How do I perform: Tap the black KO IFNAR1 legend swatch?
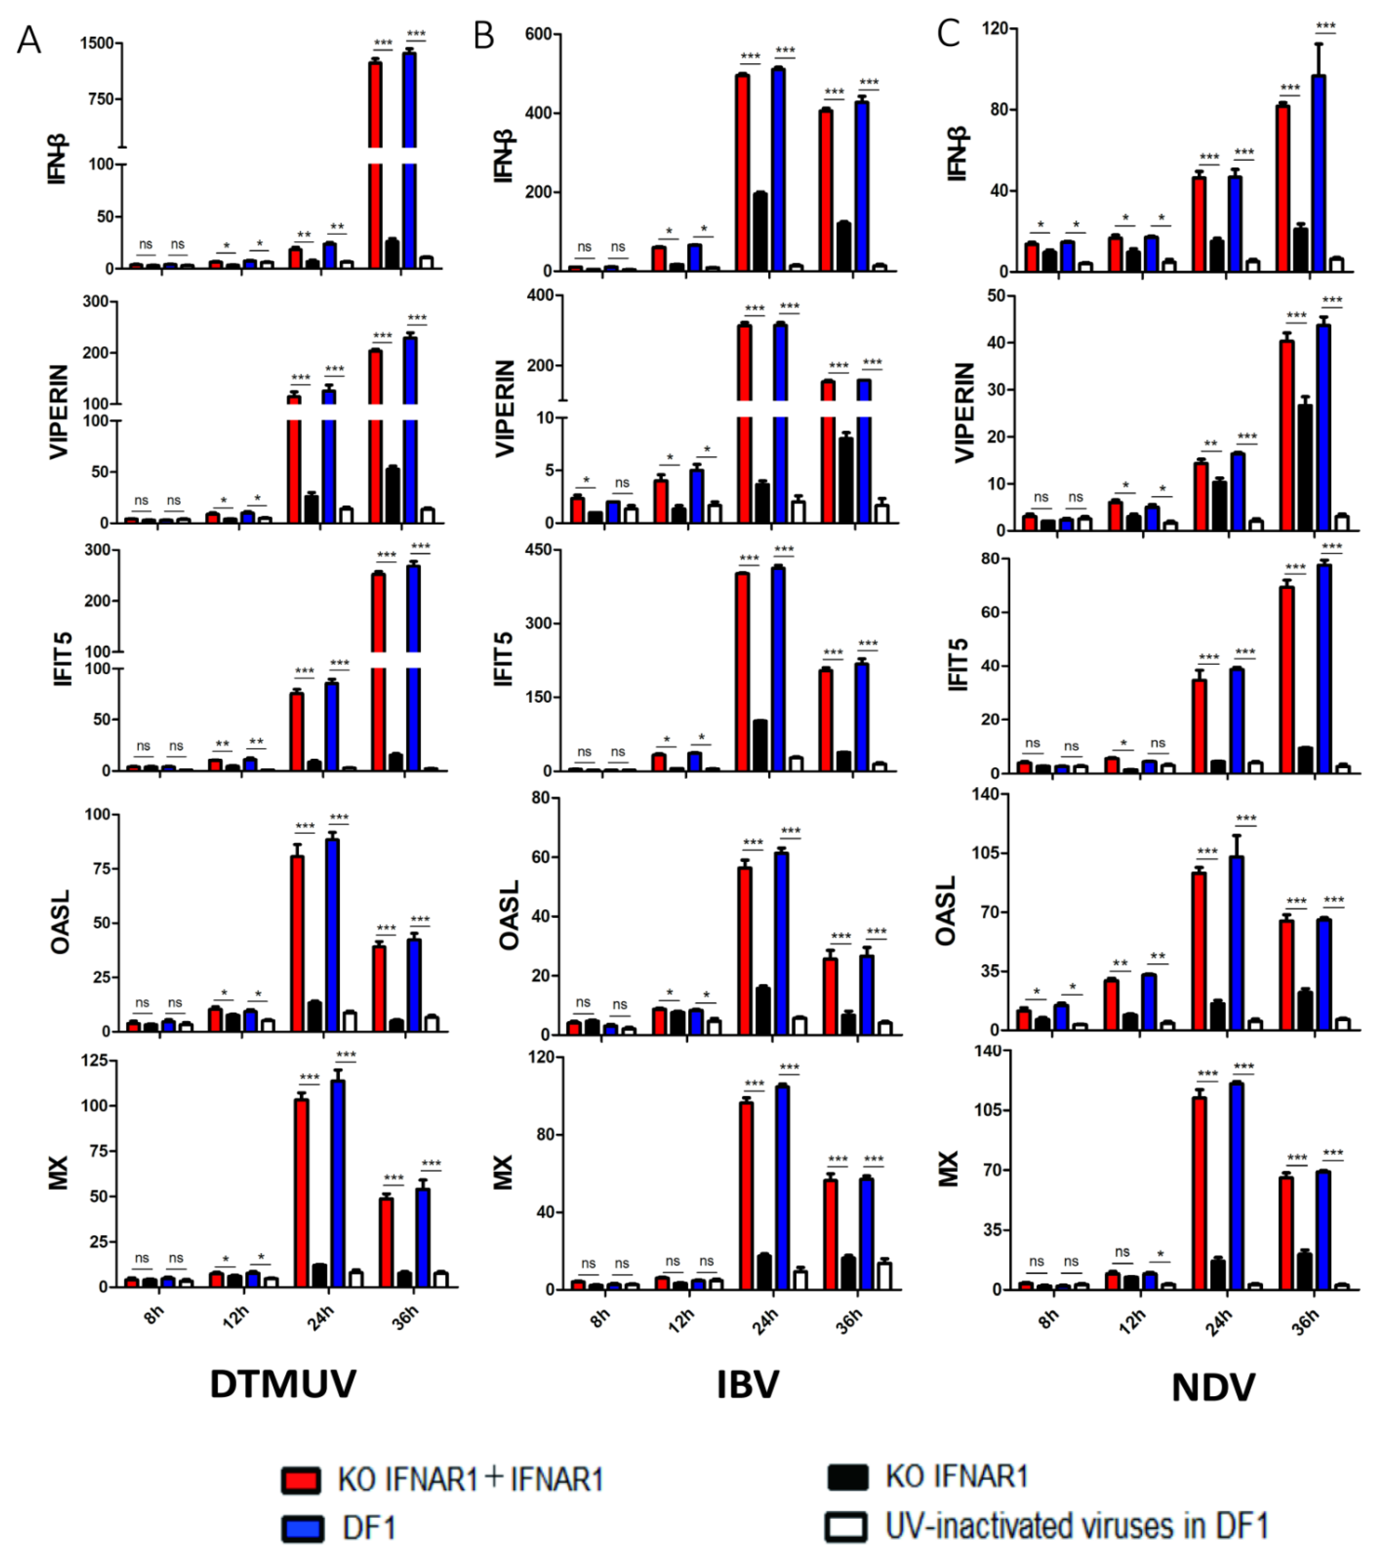[x=847, y=1476]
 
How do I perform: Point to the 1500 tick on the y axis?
[x=97, y=43]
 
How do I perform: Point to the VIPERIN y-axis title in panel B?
[x=505, y=409]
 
